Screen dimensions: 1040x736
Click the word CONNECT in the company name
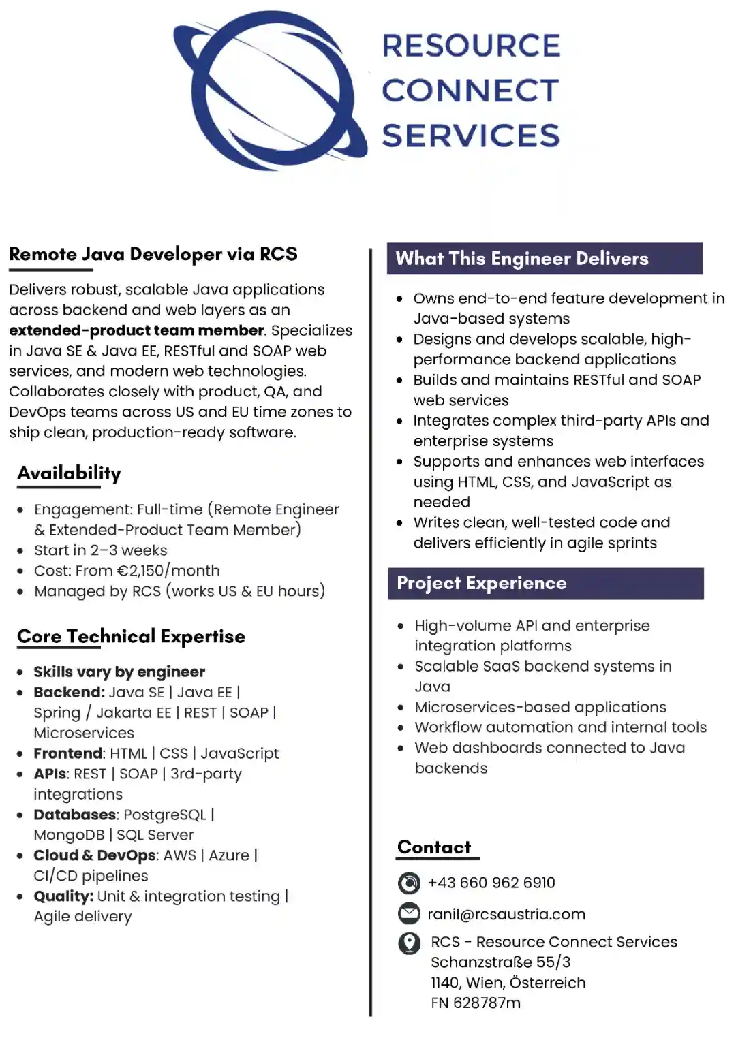point(470,91)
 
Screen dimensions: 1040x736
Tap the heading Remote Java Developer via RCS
point(153,255)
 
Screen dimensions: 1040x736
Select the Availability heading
point(70,473)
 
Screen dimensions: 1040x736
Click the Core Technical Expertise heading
point(131,637)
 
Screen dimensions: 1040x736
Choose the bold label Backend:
point(70,693)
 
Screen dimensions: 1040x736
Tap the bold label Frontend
point(68,754)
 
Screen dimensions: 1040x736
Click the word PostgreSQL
point(164,815)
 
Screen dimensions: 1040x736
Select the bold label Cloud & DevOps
point(95,856)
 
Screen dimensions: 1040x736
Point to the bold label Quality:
point(63,897)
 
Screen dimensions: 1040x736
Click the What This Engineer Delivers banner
point(545,259)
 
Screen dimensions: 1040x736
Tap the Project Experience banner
point(545,584)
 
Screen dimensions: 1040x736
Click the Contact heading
point(434,848)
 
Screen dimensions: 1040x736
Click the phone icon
point(409,883)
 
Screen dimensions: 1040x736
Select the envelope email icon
point(409,913)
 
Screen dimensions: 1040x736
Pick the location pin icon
point(409,943)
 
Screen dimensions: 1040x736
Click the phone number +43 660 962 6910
point(491,883)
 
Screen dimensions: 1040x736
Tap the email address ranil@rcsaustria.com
point(506,915)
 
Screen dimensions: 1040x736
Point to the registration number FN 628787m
point(476,1003)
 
